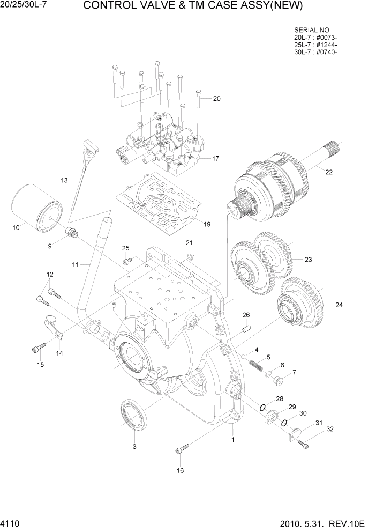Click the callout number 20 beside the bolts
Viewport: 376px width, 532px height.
click(x=216, y=99)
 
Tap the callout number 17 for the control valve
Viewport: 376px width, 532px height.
click(x=215, y=158)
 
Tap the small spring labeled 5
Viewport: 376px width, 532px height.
click(x=256, y=365)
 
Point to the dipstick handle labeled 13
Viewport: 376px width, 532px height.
click(x=91, y=146)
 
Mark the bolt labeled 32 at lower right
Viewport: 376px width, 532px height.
click(x=304, y=444)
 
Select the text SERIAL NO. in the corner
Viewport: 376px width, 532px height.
click(x=312, y=30)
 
